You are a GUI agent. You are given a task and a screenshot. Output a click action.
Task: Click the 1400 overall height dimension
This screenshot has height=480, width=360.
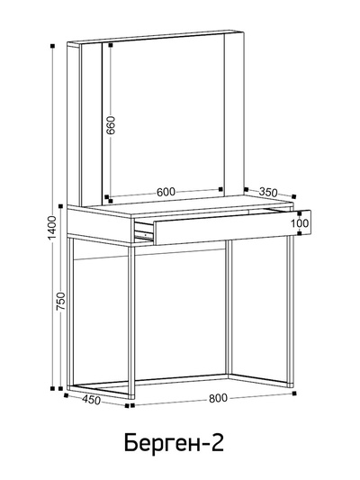point(52,229)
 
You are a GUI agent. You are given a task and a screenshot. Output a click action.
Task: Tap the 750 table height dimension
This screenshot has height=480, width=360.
point(61,302)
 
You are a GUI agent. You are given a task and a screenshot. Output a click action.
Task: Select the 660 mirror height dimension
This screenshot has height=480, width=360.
point(111,125)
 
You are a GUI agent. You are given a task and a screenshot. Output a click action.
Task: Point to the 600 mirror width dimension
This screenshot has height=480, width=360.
point(166,192)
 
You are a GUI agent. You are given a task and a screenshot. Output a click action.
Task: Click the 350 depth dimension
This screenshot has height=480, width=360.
point(268,192)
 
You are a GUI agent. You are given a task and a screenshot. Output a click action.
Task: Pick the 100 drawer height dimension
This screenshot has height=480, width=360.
point(300,223)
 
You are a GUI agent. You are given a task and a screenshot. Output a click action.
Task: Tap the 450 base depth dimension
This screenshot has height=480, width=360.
point(92,400)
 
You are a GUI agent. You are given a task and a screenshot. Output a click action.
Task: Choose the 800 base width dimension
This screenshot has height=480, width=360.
point(218,398)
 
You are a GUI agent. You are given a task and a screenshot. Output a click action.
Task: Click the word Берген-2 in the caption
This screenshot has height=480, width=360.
point(174,442)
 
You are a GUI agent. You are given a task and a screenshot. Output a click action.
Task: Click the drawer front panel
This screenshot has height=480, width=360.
point(232,227)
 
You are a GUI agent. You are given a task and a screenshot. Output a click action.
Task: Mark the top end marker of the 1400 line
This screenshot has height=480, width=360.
point(52,46)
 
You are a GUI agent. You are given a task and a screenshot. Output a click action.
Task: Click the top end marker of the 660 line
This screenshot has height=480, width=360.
point(111,45)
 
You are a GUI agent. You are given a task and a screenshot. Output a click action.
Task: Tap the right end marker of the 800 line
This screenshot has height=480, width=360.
point(294,393)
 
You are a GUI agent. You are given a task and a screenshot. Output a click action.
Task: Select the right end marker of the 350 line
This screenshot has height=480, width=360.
point(294,196)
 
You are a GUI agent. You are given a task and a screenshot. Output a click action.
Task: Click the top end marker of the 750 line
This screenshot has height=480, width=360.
point(61,205)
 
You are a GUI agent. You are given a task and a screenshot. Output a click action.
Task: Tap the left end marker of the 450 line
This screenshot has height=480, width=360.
point(66,395)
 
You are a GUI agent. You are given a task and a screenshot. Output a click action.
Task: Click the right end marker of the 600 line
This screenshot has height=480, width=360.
point(220,189)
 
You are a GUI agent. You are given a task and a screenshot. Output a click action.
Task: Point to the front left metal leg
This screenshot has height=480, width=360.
point(131,322)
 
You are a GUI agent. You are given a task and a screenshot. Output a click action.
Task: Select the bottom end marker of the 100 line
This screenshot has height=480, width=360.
point(300,233)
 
